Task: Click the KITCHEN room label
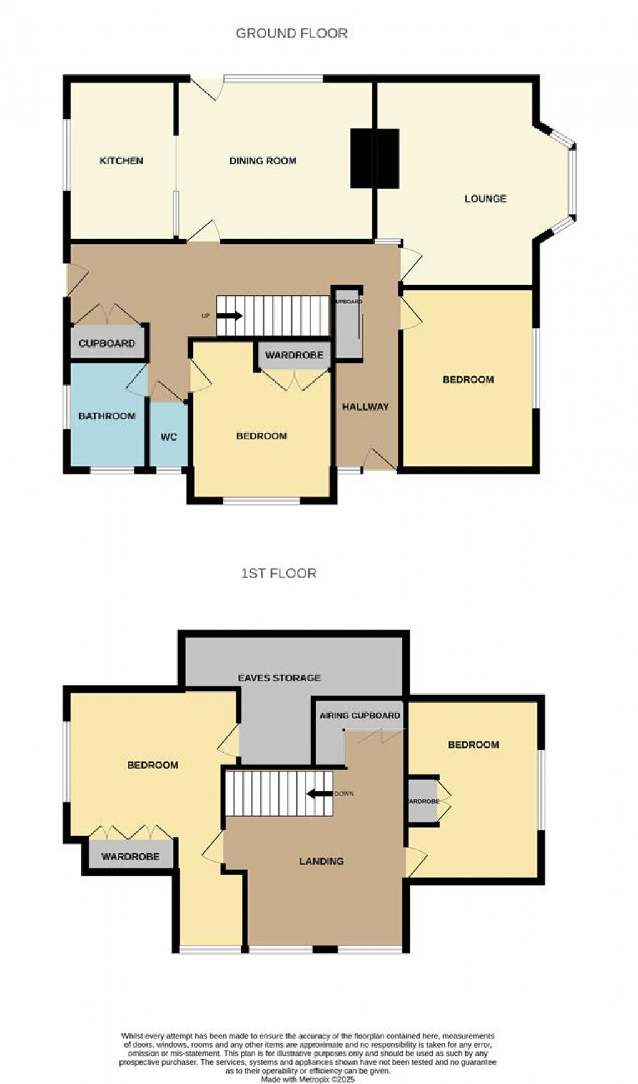[x=121, y=161]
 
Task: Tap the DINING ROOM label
[x=263, y=161]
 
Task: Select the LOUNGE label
[x=485, y=199]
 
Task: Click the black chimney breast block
[x=375, y=158]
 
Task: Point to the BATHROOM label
[x=107, y=416]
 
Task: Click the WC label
[x=169, y=437]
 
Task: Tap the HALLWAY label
[x=365, y=407]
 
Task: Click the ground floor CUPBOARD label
[x=107, y=343]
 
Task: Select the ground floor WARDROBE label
[x=294, y=356]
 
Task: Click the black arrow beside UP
[x=230, y=316]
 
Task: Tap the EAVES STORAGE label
[x=280, y=678]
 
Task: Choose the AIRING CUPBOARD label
[x=360, y=715]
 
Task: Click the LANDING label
[x=322, y=861]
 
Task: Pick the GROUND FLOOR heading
[x=291, y=33]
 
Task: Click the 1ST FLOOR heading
[x=279, y=573]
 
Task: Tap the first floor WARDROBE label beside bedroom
[x=131, y=856]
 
